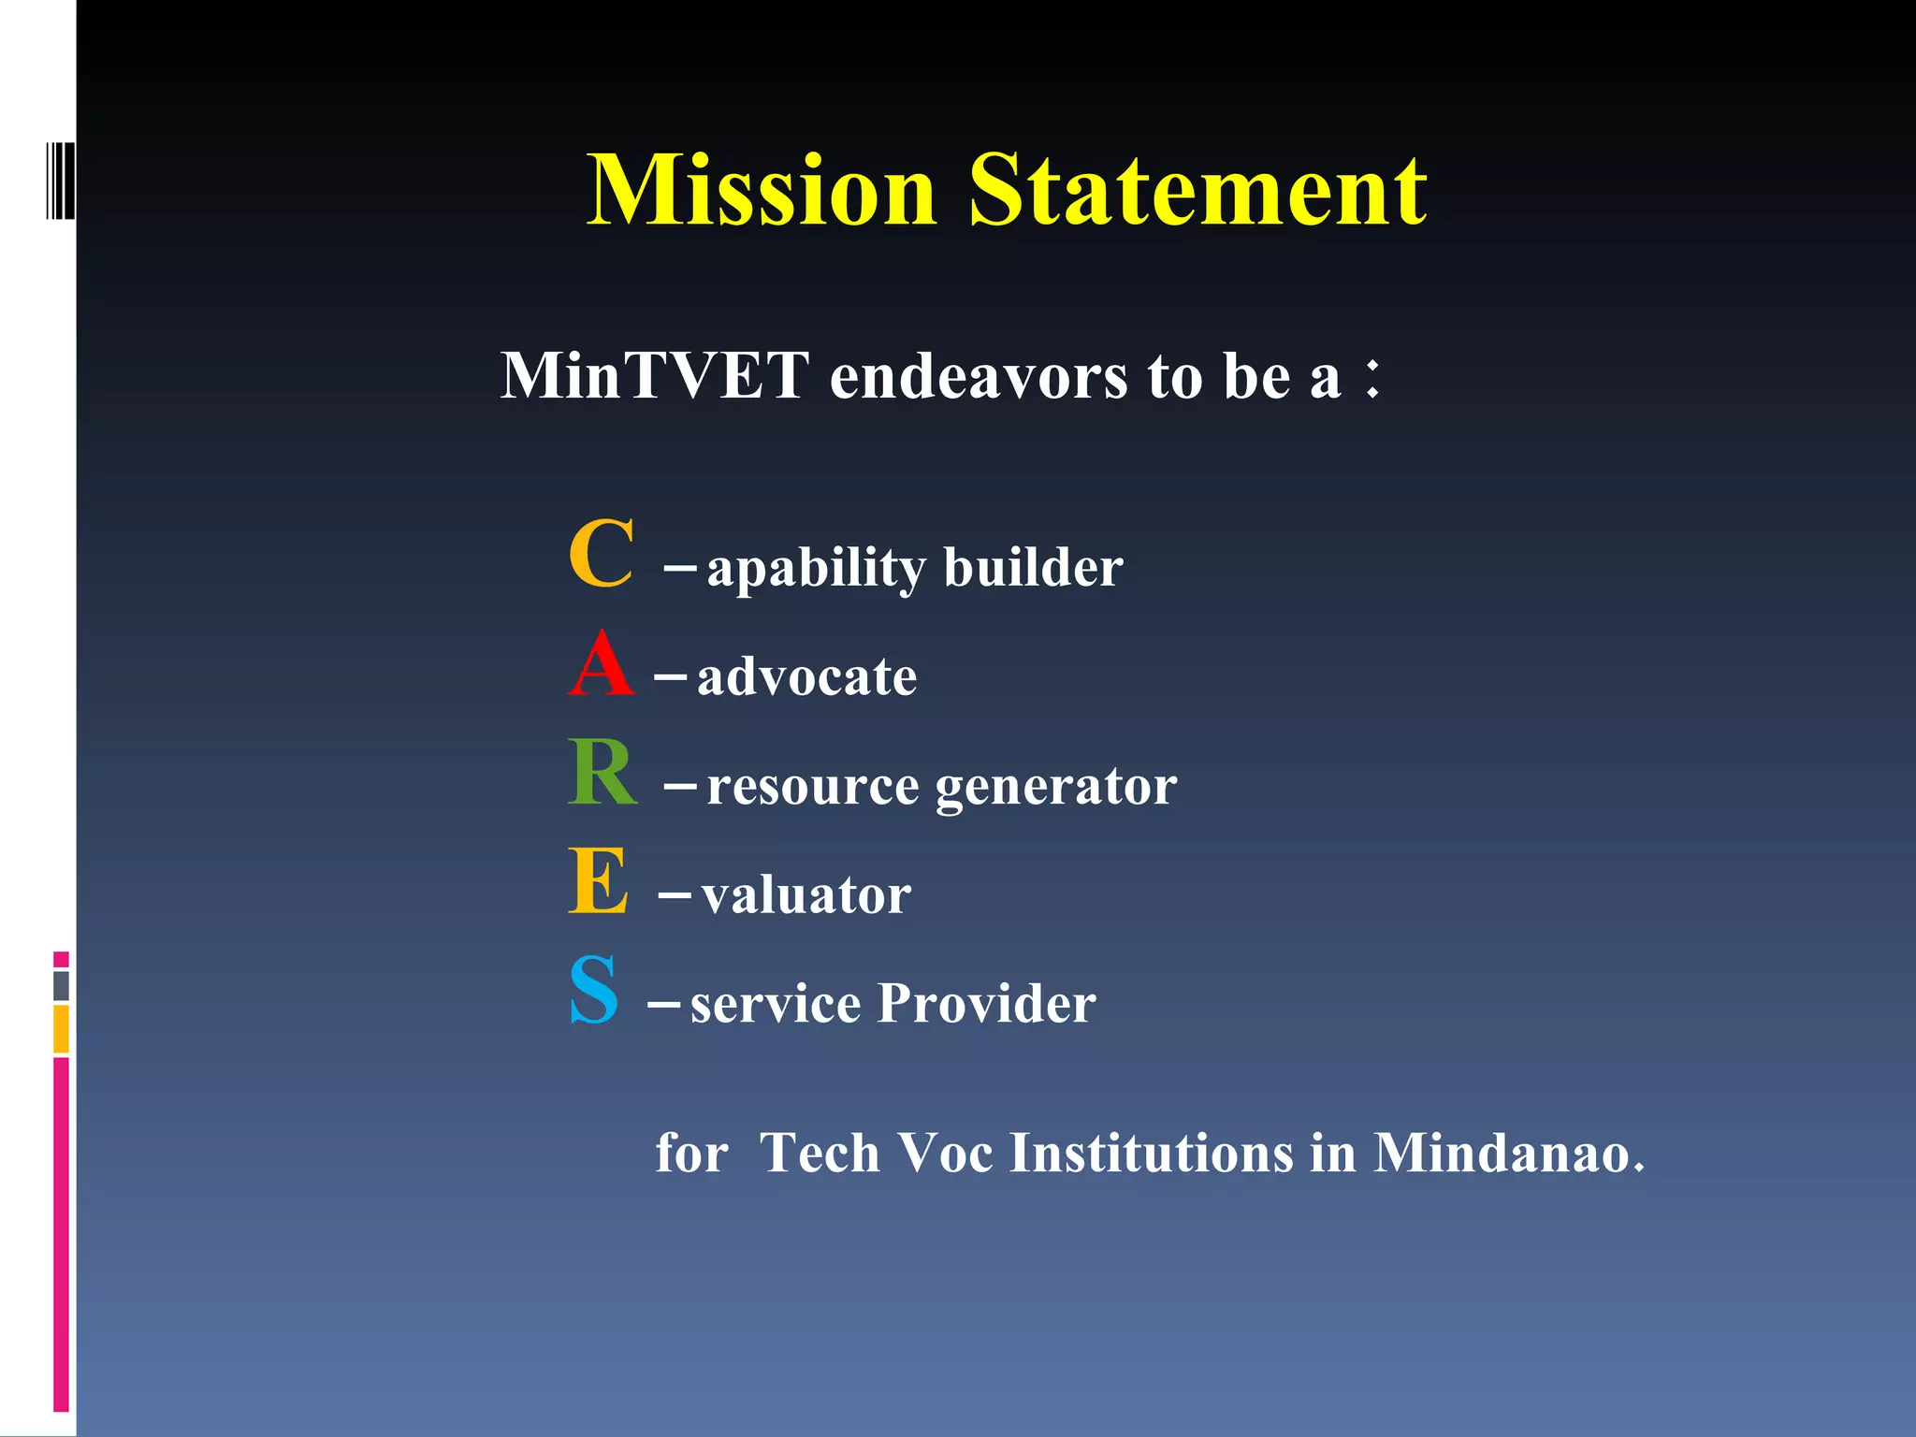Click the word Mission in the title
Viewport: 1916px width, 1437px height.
click(762, 192)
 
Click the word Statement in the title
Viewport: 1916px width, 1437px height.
click(1197, 192)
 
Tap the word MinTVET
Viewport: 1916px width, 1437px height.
click(654, 376)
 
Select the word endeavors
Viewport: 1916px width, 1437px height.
click(979, 376)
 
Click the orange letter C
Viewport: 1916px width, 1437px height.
click(602, 554)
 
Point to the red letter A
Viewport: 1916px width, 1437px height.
click(601, 664)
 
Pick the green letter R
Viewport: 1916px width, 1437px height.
click(602, 773)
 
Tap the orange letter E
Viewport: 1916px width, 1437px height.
click(598, 881)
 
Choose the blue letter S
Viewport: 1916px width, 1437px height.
click(594, 990)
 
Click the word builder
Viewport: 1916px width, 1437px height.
click(1033, 567)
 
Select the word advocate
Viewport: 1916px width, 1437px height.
click(806, 676)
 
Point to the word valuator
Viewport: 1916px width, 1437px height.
click(806, 895)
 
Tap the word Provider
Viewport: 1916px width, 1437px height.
click(986, 1004)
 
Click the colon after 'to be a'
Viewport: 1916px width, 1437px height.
click(1372, 379)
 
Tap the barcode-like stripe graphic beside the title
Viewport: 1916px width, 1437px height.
click(60, 181)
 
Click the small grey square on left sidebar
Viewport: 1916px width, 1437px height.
click(62, 985)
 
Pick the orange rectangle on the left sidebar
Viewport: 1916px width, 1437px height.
click(62, 1029)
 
